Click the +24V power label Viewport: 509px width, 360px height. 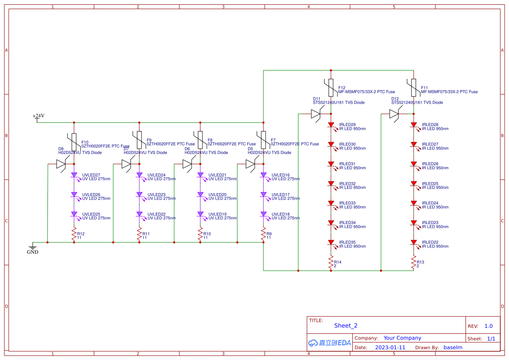coord(38,116)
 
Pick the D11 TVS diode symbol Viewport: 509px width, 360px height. coord(315,114)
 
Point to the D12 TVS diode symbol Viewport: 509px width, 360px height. coord(394,114)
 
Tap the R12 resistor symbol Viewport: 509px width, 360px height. coord(74,234)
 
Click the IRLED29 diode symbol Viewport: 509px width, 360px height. coord(331,125)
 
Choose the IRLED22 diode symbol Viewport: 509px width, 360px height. coord(414,242)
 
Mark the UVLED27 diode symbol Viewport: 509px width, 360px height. coord(74,175)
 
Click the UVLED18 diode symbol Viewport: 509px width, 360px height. coord(263,214)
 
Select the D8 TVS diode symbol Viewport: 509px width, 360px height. coord(61,164)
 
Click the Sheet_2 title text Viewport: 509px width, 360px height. coord(346,326)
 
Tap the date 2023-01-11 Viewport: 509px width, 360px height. coord(390,347)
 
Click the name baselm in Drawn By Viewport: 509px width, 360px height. coord(453,347)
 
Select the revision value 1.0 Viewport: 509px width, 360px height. coord(489,326)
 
